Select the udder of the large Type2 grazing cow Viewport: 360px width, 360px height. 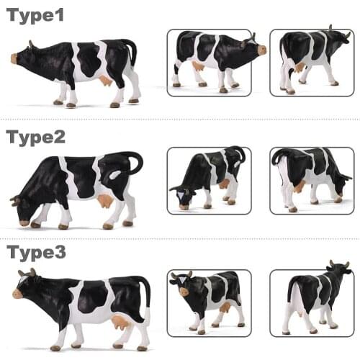(x=107, y=200)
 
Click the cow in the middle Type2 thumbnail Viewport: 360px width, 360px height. (x=209, y=176)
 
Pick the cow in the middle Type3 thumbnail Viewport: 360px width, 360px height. (x=209, y=299)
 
